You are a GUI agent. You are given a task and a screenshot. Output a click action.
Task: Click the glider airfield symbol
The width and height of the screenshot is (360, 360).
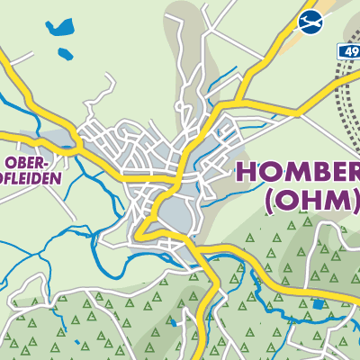click(310, 21)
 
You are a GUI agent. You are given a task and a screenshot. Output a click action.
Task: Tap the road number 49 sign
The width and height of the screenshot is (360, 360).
click(349, 53)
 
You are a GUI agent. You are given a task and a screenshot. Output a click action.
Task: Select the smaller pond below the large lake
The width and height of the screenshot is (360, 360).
click(64, 54)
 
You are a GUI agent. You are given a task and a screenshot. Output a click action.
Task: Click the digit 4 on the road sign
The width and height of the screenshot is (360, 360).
click(346, 53)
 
